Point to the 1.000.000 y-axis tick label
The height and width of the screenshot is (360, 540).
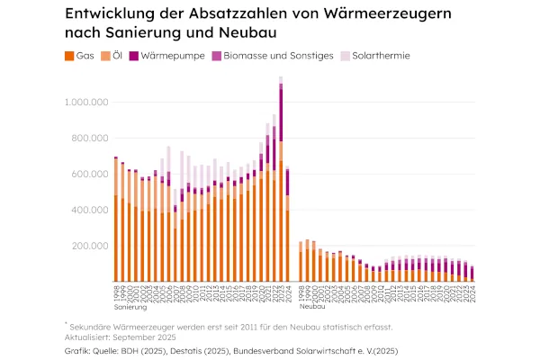click(85, 103)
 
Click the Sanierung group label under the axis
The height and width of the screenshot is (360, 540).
click(130, 306)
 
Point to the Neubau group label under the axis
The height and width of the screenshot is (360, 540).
click(312, 306)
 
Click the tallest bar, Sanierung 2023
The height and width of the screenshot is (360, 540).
click(281, 180)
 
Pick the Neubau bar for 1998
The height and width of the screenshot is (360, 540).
click(301, 261)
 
